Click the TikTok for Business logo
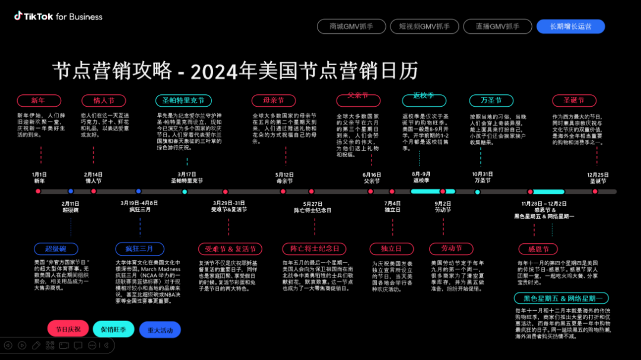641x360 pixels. point(58,17)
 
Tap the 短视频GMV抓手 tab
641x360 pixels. point(424,26)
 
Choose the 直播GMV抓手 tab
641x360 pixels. point(497,26)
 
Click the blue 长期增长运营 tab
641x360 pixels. point(571,26)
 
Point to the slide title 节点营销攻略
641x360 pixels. point(112,71)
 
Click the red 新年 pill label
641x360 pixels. point(39,100)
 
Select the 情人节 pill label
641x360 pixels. point(104,100)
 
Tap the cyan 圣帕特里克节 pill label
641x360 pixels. point(183,101)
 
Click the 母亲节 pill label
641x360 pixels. point(273,100)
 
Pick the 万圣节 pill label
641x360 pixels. point(491,100)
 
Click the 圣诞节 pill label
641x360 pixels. point(574,100)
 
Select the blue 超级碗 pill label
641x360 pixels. point(56,249)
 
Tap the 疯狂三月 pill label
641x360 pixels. point(139,248)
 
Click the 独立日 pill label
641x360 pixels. point(391,249)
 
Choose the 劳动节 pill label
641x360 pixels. point(451,248)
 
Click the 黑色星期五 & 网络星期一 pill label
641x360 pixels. point(561,298)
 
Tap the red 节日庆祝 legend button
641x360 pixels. point(68,329)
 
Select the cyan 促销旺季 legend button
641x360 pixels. point(113,329)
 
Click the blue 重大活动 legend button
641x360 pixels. point(160,330)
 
